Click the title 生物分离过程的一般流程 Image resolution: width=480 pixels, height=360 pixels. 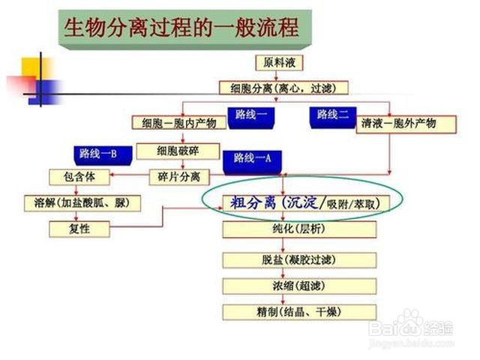(181, 28)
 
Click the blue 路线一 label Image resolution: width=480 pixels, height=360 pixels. (255, 115)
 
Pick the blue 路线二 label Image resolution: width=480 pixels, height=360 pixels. (333, 115)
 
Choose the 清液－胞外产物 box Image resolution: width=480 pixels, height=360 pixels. (398, 123)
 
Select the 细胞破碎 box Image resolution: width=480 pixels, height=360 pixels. (178, 151)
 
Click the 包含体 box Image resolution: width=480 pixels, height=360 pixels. (79, 177)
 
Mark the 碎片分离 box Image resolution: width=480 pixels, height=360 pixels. (178, 177)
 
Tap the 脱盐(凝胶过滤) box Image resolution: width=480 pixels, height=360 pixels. (298, 260)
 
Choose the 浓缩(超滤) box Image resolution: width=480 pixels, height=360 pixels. (298, 286)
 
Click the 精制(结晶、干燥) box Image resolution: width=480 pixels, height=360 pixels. (298, 312)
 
